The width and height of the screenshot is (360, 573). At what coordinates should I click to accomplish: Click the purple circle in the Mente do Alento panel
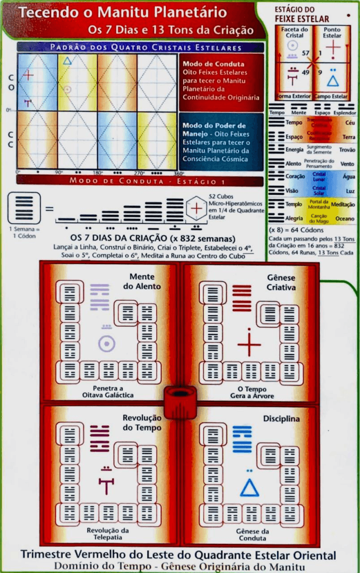[x=107, y=343]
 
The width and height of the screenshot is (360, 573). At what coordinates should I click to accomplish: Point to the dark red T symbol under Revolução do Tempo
[x=106, y=485]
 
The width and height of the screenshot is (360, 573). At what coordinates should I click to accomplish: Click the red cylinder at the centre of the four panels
[x=180, y=401]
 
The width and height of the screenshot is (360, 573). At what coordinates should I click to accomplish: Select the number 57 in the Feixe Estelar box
[x=306, y=53]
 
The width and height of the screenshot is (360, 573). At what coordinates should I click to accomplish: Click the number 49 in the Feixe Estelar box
[x=305, y=73]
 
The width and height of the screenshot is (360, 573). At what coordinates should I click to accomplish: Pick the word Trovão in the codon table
[x=347, y=150]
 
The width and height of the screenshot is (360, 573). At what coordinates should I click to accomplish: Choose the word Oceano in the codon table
[x=345, y=219]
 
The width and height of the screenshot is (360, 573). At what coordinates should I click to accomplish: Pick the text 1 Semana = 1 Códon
[x=22, y=232]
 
